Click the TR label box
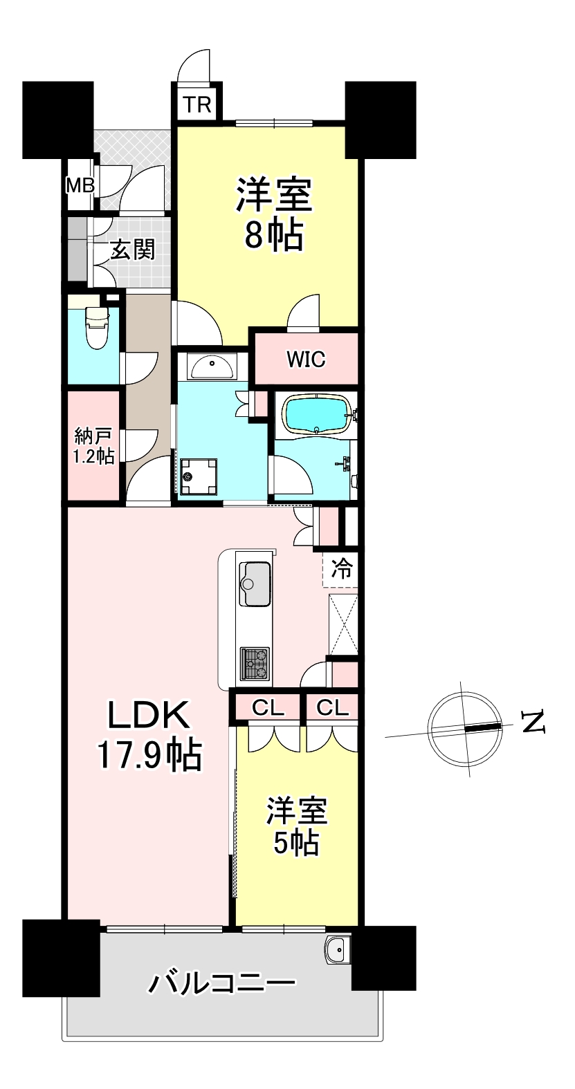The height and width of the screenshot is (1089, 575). tap(197, 104)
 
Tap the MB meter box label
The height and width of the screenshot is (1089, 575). tap(80, 185)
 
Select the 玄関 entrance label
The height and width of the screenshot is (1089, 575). tap(132, 250)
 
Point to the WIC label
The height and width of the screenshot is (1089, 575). tap(306, 360)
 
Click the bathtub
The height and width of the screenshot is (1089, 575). tap(317, 413)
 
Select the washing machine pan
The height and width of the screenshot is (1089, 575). tap(198, 477)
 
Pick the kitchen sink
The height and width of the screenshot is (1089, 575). tap(254, 584)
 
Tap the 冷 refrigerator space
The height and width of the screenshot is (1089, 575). tap(341, 569)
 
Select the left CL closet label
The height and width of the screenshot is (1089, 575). tap(268, 708)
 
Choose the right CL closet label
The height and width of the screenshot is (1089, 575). tap(332, 708)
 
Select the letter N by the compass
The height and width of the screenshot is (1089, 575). tap(533, 723)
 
